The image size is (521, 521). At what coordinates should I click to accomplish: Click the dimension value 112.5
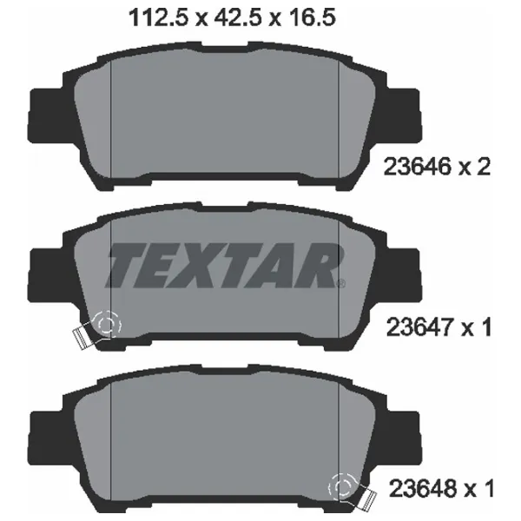coord(159,17)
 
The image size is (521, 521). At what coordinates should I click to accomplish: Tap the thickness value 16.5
coord(312,17)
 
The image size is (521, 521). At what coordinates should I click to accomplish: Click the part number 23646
coord(418,167)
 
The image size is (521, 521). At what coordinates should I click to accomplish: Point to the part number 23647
coord(420,327)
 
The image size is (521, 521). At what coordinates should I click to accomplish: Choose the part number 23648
coord(423,488)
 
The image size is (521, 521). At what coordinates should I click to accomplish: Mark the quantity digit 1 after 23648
coord(488,488)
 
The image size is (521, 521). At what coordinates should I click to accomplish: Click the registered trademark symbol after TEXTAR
coord(341,284)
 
